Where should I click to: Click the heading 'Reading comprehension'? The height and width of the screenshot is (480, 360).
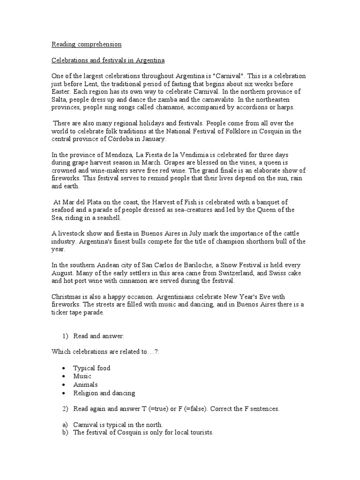(86, 45)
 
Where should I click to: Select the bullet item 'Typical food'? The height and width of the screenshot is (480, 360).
(91, 368)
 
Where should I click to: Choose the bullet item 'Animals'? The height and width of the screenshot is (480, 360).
(85, 385)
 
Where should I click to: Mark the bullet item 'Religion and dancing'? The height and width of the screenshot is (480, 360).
(104, 393)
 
